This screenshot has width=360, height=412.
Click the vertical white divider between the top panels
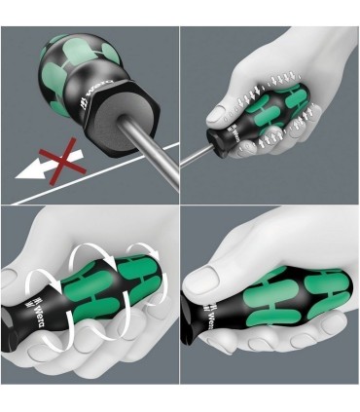tap(180, 97)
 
